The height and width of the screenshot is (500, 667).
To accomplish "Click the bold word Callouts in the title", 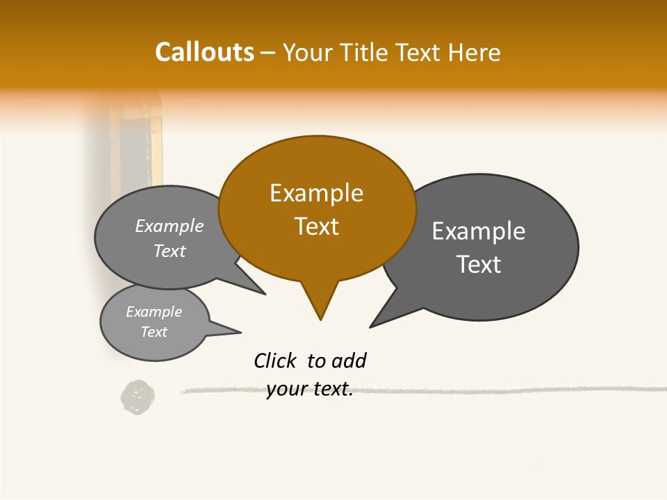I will pyautogui.click(x=204, y=52).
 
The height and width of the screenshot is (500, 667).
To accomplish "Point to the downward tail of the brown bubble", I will pyautogui.click(x=320, y=302).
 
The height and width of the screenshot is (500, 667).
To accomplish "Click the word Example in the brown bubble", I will pyautogui.click(x=317, y=193).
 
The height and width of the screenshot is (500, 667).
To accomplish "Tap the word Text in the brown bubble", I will pyautogui.click(x=317, y=226).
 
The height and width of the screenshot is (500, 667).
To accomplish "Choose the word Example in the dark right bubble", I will pyautogui.click(x=479, y=231).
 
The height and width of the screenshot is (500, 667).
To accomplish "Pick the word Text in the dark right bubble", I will pyautogui.click(x=479, y=265).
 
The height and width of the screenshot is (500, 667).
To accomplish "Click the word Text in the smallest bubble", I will pyautogui.click(x=154, y=332).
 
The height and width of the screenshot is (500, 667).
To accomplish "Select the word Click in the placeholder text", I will pyautogui.click(x=275, y=361).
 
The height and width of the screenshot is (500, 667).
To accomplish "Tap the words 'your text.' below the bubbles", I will pyautogui.click(x=310, y=390).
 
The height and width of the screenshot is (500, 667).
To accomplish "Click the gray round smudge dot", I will pyautogui.click(x=138, y=397).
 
